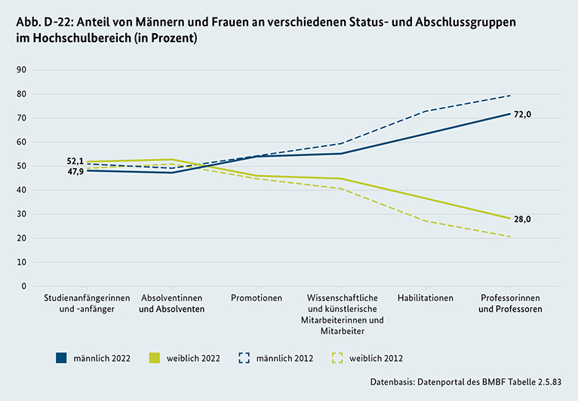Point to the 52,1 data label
75,161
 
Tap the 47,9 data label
75,172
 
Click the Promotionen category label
257,298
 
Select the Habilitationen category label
425,298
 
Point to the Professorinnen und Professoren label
510,303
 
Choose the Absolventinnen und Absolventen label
172,303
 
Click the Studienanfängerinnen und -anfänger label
83,303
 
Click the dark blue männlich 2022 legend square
61,358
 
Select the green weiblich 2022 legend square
154,358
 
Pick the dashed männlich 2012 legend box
246,358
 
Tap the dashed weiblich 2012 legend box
337,358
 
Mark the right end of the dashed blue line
511,95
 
